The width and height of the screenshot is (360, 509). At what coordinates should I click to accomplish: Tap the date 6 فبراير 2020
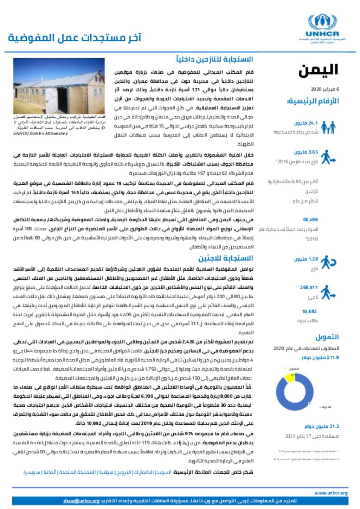tap(325, 89)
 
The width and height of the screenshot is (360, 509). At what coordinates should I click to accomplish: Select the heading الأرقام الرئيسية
tap(313, 101)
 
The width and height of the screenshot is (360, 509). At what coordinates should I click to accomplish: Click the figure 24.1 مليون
tap(306, 123)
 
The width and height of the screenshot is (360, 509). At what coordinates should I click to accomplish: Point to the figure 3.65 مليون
tap(306, 152)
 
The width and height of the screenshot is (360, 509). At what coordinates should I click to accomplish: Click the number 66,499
tap(310, 220)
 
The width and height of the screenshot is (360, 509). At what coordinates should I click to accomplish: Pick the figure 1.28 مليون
tap(306, 259)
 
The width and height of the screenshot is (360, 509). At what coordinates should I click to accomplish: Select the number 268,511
tap(309, 287)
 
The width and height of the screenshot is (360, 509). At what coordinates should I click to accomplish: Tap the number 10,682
tap(309, 311)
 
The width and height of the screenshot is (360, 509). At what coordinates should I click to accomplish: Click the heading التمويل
tap(327, 337)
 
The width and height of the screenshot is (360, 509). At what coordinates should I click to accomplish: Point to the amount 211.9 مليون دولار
tap(320, 358)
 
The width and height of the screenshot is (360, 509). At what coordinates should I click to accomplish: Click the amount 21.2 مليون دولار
tap(322, 426)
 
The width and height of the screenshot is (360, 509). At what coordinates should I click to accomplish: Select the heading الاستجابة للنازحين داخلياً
tap(214, 59)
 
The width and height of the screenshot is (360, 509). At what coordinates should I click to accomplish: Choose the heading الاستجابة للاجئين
tap(225, 258)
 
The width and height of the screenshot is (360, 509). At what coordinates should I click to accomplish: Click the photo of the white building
tap(59, 86)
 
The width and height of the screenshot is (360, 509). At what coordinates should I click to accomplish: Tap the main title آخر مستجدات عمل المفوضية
tap(75, 38)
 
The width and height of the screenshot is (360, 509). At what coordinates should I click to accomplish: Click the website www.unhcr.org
tap(330, 493)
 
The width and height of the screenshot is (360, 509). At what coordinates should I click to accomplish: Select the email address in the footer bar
tap(82, 501)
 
